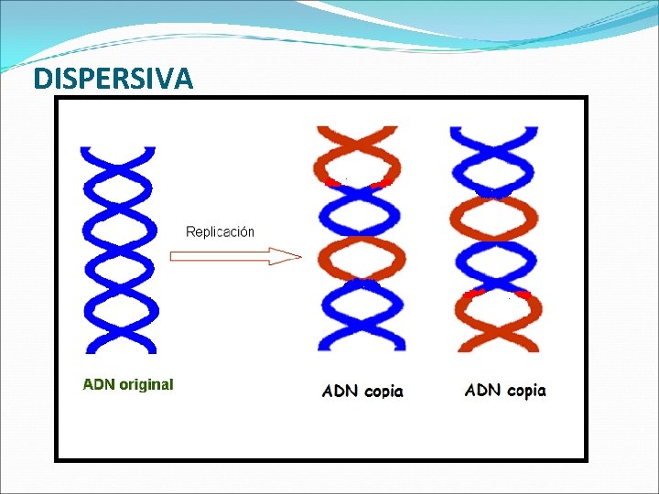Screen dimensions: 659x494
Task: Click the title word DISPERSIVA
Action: click(x=113, y=80)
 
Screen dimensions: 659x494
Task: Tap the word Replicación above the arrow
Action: click(x=220, y=231)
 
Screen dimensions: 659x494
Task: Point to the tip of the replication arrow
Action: click(x=298, y=256)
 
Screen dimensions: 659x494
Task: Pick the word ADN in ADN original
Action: click(x=99, y=384)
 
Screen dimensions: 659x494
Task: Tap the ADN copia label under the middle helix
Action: click(x=362, y=392)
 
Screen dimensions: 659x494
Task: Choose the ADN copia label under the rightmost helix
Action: click(x=505, y=391)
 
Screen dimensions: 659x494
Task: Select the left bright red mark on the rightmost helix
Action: click(x=473, y=295)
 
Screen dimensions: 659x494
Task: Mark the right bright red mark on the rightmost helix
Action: click(x=523, y=295)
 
